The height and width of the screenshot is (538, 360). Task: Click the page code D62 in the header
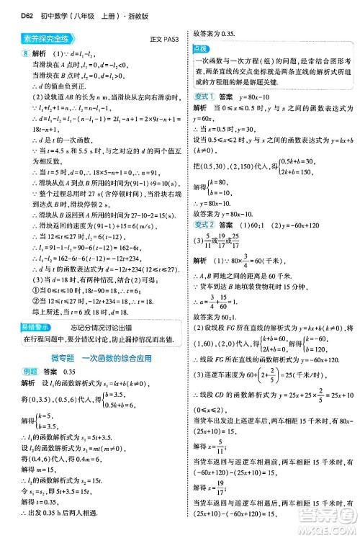click(x=14, y=8)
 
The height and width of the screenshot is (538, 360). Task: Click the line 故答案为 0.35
click(x=214, y=33)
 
